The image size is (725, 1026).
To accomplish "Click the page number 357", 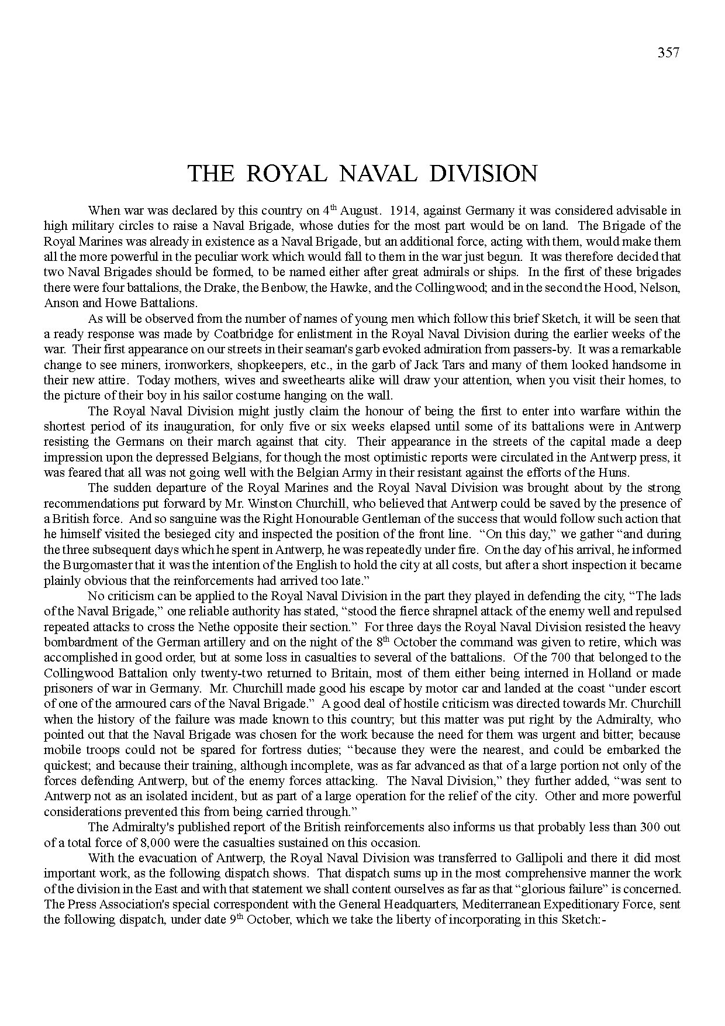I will pos(668,53).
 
